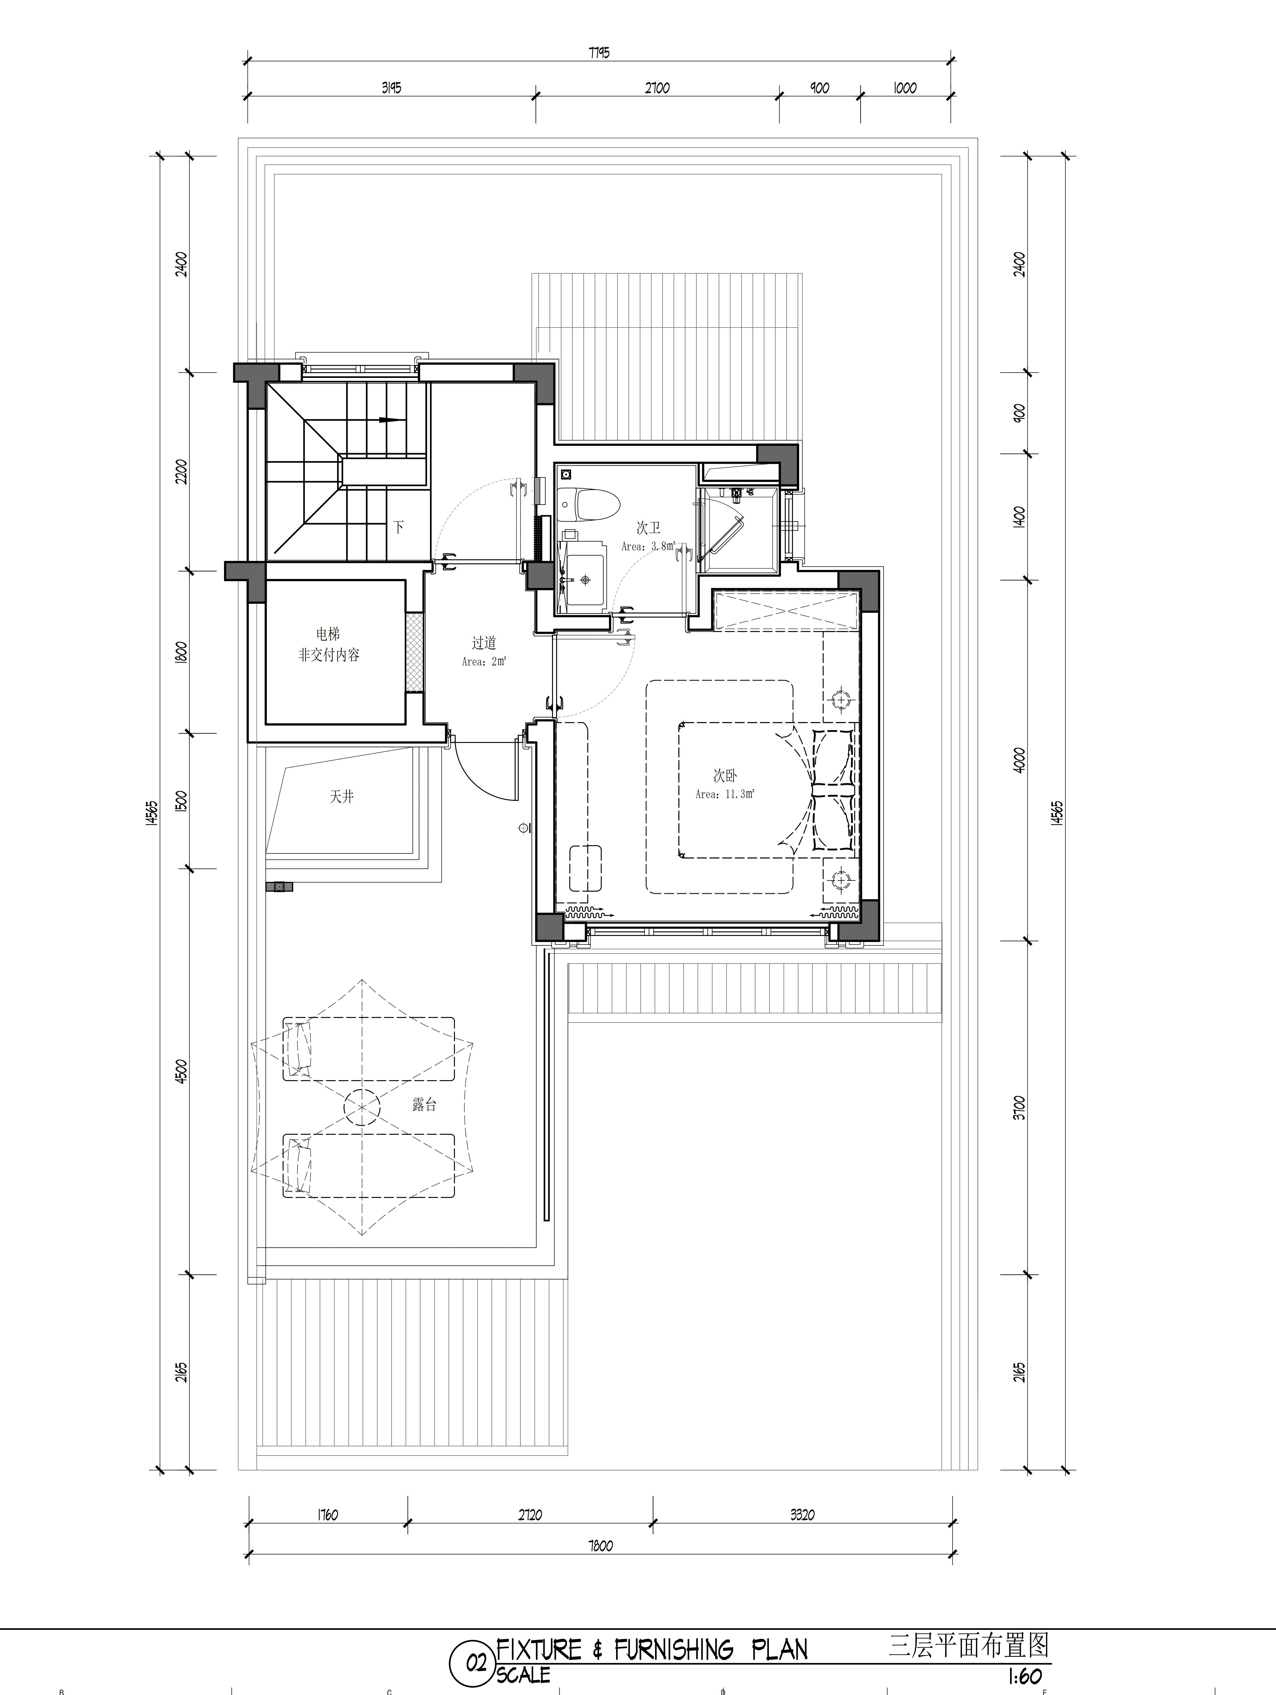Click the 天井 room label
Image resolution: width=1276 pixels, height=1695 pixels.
pyautogui.click(x=342, y=797)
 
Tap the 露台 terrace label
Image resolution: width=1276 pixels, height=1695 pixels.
pyautogui.click(x=424, y=1104)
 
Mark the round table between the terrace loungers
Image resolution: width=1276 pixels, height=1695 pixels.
pyautogui.click(x=362, y=1106)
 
